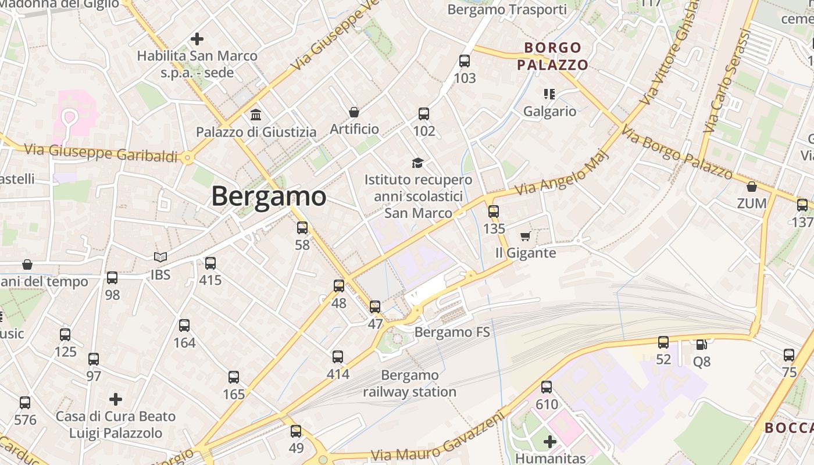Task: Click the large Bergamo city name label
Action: [269, 196]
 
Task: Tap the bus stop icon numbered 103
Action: [465, 60]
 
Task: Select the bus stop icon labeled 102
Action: [424, 113]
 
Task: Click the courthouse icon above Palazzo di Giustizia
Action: [255, 115]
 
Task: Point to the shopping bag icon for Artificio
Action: [354, 112]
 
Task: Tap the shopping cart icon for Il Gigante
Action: [526, 236]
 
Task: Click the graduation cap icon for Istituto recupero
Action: [417, 163]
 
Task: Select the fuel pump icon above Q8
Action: [701, 344]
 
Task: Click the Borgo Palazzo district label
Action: [552, 56]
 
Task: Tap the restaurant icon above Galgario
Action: [549, 94]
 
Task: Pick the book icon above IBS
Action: [160, 257]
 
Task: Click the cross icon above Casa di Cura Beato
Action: [116, 399]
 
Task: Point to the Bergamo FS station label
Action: [452, 332]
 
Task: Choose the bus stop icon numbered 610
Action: [547, 387]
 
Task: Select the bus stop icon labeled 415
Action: [210, 263]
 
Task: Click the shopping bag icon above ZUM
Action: [752, 187]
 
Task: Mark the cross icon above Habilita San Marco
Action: [197, 39]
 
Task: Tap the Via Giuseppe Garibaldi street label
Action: [101, 153]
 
